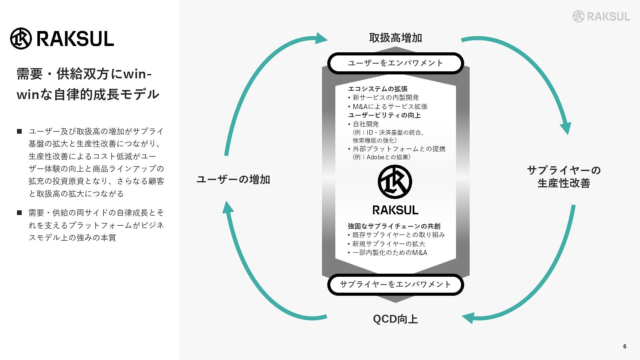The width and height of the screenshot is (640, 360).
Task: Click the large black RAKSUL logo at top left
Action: click(62, 38)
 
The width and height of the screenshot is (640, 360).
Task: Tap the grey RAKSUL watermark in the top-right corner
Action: click(601, 16)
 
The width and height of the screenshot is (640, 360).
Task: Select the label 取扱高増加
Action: click(395, 38)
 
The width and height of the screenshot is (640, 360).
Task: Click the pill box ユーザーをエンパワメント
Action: click(395, 63)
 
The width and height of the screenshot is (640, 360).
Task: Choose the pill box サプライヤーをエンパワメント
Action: click(395, 284)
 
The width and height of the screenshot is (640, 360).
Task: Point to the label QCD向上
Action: click(395, 319)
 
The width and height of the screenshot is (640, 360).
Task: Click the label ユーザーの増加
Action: click(233, 180)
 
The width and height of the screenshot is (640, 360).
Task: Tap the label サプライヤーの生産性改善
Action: click(564, 177)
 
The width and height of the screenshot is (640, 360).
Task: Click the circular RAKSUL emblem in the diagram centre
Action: click(395, 182)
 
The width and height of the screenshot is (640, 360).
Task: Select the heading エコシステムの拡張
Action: click(378, 89)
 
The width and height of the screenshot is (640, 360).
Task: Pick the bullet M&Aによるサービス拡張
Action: click(390, 107)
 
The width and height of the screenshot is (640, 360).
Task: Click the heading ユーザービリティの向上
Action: click(384, 115)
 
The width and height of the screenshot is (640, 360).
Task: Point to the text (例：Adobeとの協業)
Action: click(381, 157)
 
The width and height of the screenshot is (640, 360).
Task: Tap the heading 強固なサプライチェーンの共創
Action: click(394, 226)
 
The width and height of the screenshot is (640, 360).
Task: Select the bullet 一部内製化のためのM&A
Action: click(389, 253)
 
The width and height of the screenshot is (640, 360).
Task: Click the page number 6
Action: click(625, 346)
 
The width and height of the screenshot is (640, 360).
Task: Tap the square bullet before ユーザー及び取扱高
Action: click(19, 131)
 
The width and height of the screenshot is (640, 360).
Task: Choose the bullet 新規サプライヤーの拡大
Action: click(388, 244)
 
